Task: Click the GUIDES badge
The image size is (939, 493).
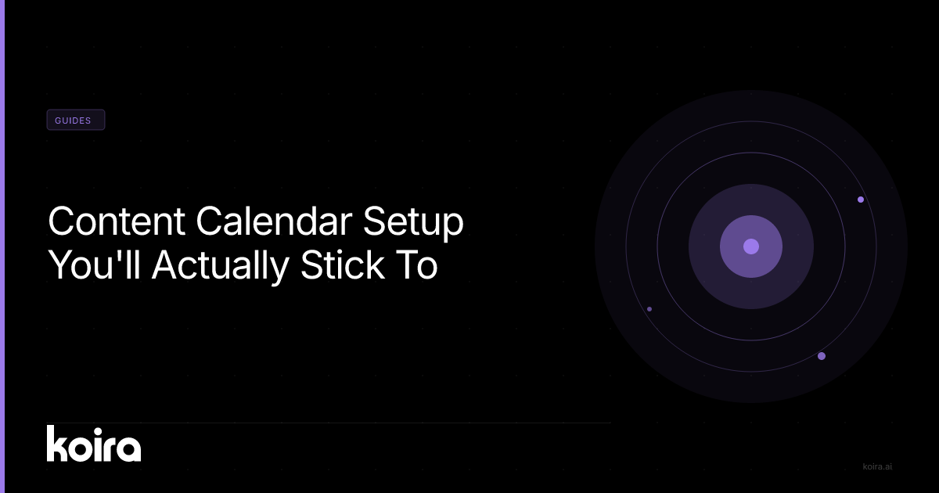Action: (x=76, y=120)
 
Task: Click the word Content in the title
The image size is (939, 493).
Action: (x=117, y=221)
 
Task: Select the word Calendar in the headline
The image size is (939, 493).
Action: (x=274, y=221)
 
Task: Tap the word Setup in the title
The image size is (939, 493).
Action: (x=413, y=222)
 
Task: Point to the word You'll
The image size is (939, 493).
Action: (x=95, y=264)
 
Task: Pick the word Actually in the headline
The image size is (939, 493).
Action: (x=220, y=266)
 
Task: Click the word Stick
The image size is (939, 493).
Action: (x=343, y=264)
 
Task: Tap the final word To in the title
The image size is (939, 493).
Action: (x=417, y=265)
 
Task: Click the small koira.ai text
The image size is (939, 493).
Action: (x=877, y=466)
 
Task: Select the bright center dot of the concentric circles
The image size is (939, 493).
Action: (x=751, y=246)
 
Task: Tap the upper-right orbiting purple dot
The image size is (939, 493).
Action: (x=861, y=200)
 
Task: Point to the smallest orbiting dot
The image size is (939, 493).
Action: (x=649, y=309)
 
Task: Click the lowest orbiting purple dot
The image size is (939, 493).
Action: (x=822, y=356)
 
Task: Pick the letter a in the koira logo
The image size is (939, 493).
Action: (x=127, y=448)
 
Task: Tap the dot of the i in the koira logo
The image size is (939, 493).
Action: (x=96, y=432)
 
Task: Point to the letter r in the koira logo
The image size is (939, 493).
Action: (x=107, y=448)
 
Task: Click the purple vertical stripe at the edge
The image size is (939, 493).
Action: (x=2, y=246)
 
